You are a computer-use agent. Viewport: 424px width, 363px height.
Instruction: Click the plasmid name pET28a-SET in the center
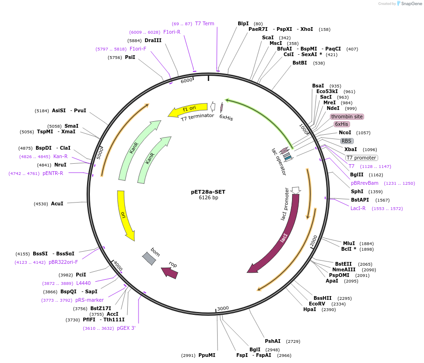click(x=208, y=191)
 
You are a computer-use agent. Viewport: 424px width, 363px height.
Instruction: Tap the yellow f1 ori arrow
click(x=188, y=110)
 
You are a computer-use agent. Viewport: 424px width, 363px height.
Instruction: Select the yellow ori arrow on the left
click(x=124, y=215)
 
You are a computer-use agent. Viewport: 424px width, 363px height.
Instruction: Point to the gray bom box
click(x=149, y=258)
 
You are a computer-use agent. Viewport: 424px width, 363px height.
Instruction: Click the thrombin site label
click(x=347, y=116)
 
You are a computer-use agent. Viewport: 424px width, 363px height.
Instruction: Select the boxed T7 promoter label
click(x=362, y=158)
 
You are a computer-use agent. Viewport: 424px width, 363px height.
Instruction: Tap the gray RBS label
click(x=346, y=141)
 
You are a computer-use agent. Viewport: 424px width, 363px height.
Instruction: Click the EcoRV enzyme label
click(x=317, y=304)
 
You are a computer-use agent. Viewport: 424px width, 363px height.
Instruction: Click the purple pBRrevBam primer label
click(x=365, y=183)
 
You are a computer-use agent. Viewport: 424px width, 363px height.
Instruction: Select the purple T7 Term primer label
click(x=205, y=23)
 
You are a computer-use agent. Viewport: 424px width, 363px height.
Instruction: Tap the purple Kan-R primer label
click(x=60, y=156)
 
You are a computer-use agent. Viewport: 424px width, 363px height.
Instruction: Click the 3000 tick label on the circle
click(x=223, y=308)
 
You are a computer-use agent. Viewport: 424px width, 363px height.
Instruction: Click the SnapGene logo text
click(x=409, y=4)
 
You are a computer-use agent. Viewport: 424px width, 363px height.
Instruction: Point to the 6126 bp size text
click(x=208, y=198)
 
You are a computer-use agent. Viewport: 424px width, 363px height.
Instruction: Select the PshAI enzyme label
click(x=273, y=341)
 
